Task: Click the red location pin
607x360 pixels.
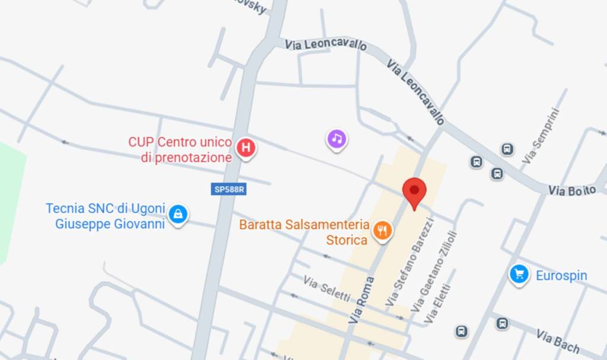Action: tap(414, 191)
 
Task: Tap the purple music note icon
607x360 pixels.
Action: tap(337, 139)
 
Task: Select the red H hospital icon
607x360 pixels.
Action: tap(246, 147)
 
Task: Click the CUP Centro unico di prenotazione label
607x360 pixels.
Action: tap(180, 150)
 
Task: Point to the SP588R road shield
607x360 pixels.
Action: tap(229, 189)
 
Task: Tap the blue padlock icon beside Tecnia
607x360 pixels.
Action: tap(177, 214)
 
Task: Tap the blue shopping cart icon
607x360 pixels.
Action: tap(519, 274)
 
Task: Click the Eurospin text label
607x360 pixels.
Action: tap(561, 276)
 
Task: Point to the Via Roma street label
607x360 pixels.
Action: tap(363, 300)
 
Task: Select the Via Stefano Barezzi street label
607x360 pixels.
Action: tap(411, 262)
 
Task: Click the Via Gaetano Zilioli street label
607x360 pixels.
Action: tap(435, 271)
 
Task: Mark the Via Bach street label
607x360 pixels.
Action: tap(558, 340)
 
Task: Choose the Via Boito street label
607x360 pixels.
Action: tap(571, 190)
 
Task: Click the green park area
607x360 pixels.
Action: tap(9, 202)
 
